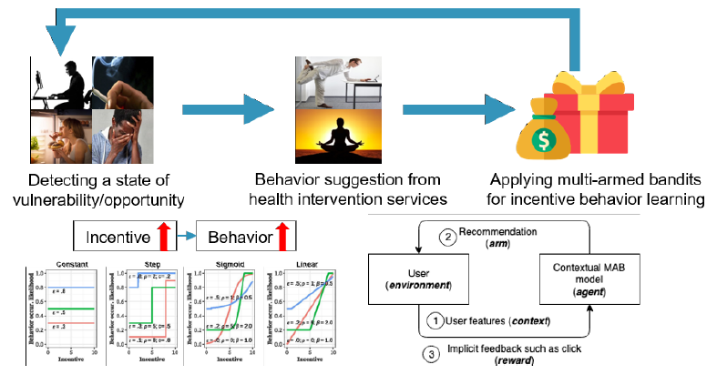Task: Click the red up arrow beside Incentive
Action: pyautogui.click(x=165, y=239)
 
